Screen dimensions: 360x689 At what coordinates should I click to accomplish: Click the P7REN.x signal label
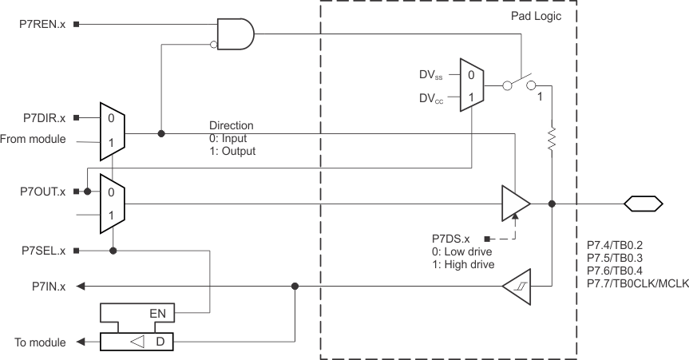tap(42, 25)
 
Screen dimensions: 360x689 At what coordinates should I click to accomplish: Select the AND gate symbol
tap(236, 34)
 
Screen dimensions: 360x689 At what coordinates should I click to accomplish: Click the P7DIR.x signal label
tap(42, 118)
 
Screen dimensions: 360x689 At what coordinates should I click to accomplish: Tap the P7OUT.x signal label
tap(41, 192)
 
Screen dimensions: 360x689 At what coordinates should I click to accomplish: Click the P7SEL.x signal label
tap(42, 251)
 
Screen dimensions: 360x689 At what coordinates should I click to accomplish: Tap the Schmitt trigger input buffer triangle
tap(517, 285)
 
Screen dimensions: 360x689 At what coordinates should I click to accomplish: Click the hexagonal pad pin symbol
tap(643, 204)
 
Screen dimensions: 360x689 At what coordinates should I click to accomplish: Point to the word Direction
tap(231, 125)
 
